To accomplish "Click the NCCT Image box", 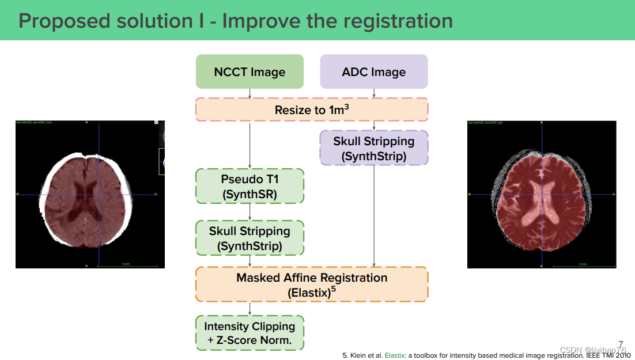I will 250,71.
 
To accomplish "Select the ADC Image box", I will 373,71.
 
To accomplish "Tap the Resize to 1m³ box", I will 312,109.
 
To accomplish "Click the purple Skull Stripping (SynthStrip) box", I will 373,148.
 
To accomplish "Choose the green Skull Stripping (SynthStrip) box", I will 250,238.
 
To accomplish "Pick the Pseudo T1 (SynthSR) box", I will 250,186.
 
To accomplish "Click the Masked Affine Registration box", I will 312,284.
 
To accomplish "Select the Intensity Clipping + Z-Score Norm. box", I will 250,333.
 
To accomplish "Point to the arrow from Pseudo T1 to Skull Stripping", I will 250,211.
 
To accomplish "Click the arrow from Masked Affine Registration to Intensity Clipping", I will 250,308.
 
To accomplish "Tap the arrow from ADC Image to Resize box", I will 375,93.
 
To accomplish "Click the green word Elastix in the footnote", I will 394,355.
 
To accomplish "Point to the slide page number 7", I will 621,344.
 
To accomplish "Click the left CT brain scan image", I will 90,194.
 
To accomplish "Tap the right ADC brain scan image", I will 541,194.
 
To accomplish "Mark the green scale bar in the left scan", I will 124,266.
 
